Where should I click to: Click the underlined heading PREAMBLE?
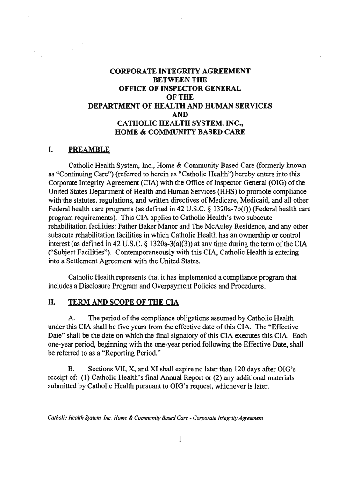(x=89, y=150)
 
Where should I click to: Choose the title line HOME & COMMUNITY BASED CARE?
(x=180, y=132)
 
